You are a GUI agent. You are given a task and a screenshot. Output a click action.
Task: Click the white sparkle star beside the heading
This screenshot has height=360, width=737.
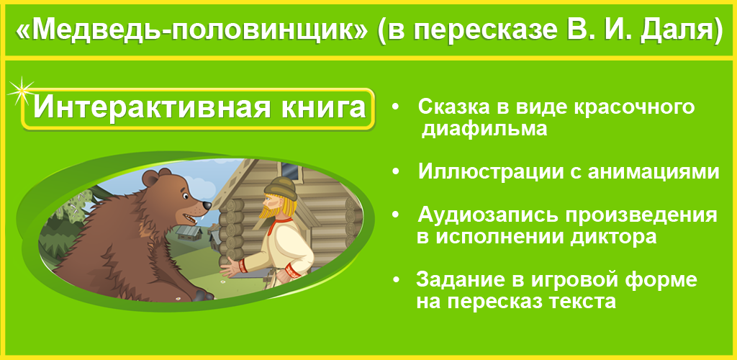tap(21, 91)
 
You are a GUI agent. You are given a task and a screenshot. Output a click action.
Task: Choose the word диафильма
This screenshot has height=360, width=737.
tap(484, 129)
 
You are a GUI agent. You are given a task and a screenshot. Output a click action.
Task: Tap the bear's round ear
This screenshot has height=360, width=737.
tap(151, 178)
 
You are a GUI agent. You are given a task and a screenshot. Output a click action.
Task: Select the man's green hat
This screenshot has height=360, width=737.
tap(281, 189)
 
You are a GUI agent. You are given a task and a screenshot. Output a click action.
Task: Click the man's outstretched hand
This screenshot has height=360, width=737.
tap(230, 269)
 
